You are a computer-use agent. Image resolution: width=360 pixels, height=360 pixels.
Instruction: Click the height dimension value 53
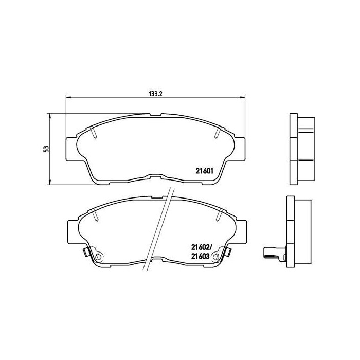click(x=46, y=149)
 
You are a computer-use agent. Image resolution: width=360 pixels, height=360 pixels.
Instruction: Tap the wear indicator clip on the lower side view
click(x=271, y=253)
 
